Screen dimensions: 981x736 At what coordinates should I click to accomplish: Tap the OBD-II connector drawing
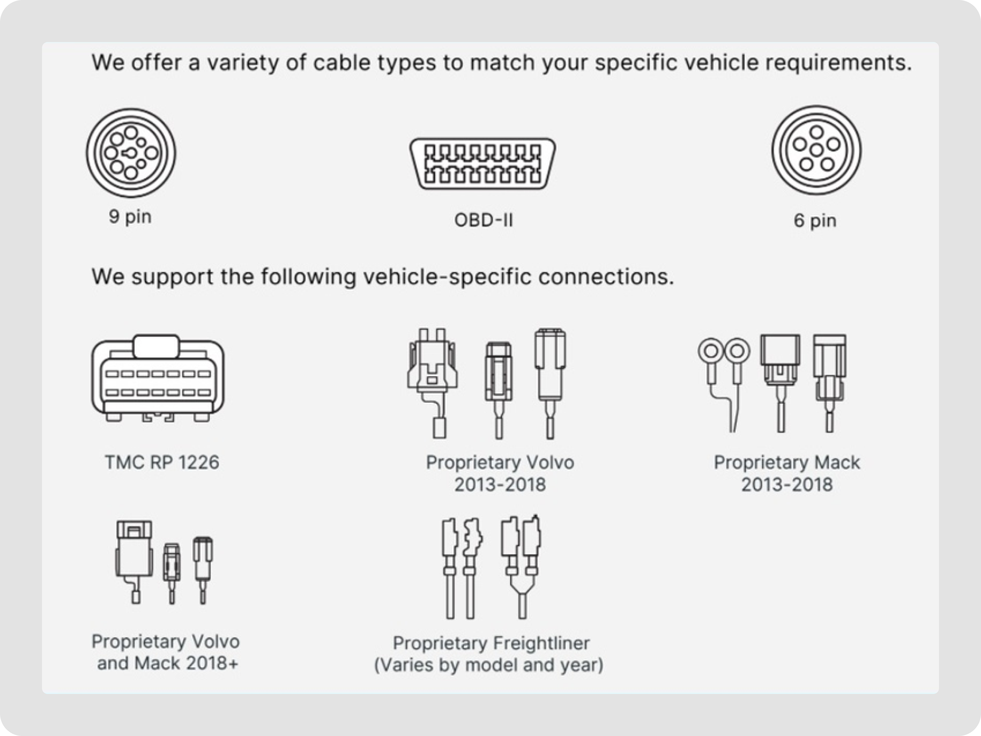482,163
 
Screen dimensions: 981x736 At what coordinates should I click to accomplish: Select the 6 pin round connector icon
816,150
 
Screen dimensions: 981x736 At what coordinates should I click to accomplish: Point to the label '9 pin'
130,217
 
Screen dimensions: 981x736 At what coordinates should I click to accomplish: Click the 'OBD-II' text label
483,220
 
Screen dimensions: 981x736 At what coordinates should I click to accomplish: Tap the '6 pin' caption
815,220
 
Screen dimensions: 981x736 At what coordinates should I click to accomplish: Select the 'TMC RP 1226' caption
162,462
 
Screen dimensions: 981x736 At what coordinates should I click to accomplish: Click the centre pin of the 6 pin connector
816,150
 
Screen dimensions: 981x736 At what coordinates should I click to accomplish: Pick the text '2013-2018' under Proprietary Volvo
500,484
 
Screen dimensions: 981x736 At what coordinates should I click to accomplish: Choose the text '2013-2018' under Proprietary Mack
787,484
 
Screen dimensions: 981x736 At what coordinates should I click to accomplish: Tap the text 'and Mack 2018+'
167,663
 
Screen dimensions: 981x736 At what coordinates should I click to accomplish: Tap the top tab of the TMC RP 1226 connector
157,346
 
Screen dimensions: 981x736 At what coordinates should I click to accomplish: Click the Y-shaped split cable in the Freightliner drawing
522,590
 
